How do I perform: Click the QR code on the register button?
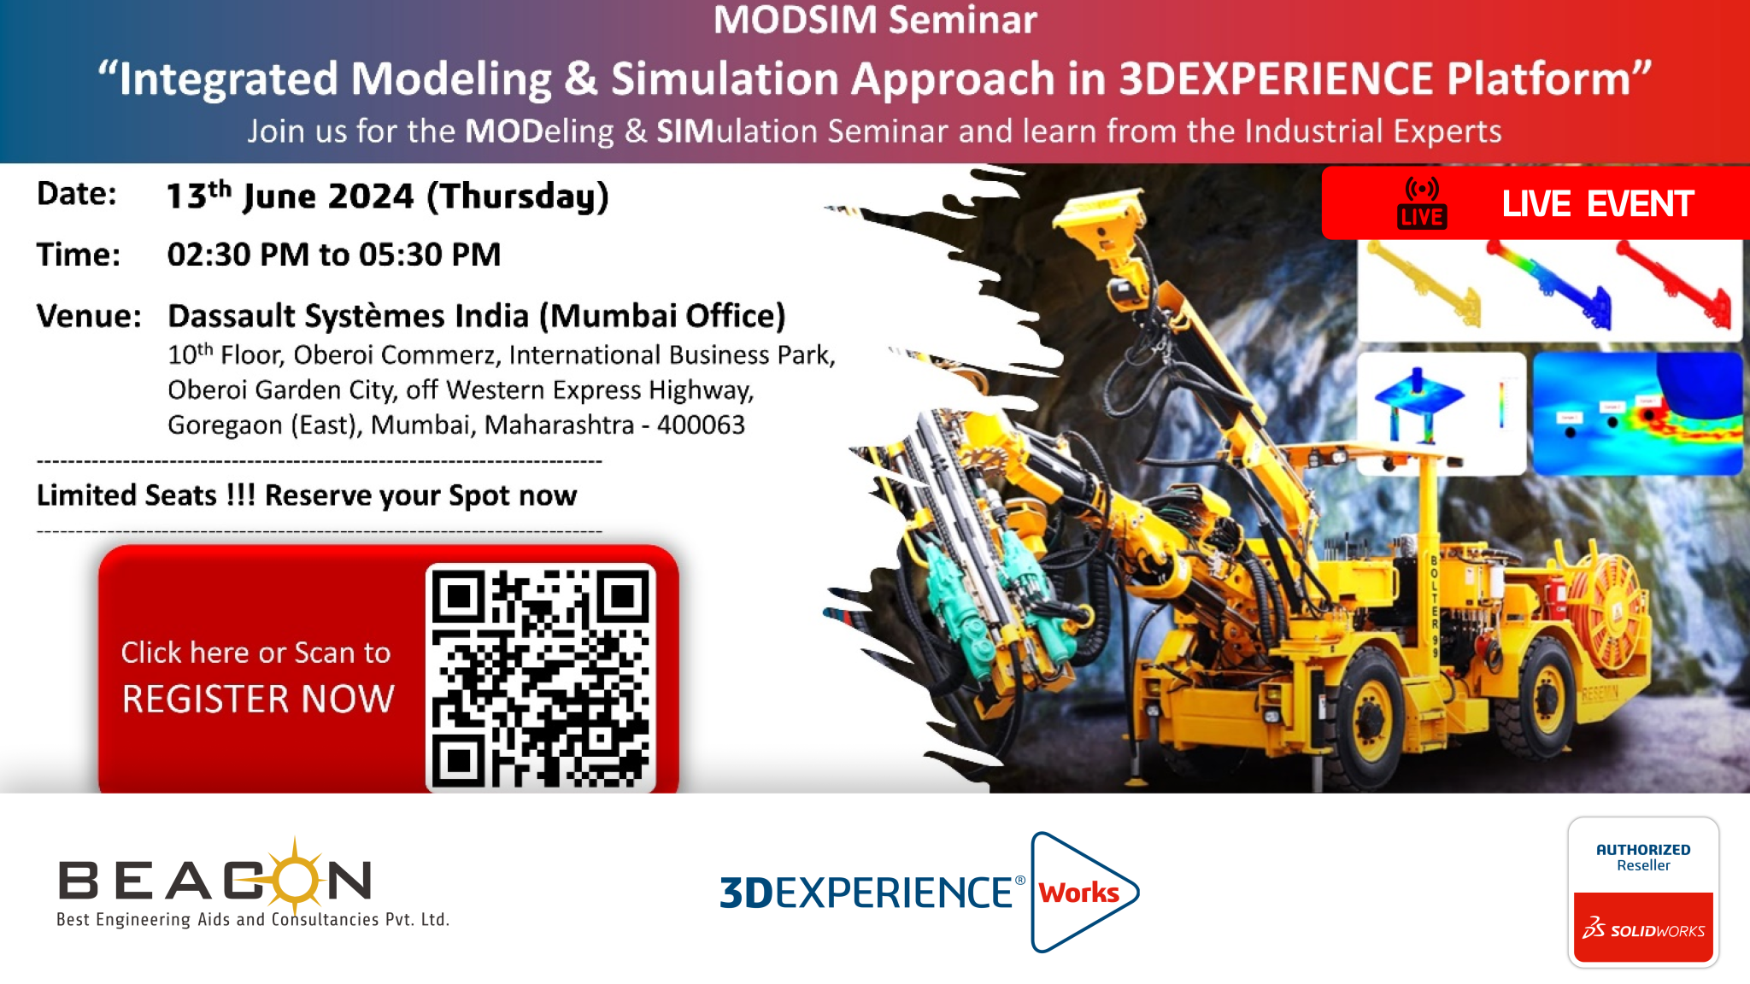click(x=540, y=677)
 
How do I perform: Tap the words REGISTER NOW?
click(x=258, y=700)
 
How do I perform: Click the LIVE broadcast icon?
click(x=1422, y=203)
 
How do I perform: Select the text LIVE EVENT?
click(x=1598, y=204)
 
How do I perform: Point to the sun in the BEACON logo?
click(x=295, y=878)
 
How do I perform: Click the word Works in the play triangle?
click(x=1078, y=893)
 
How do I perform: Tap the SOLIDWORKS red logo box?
click(x=1643, y=928)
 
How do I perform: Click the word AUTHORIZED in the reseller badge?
click(x=1643, y=850)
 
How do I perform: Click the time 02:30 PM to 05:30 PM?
click(x=334, y=255)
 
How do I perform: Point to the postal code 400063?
click(x=701, y=425)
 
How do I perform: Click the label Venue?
click(x=89, y=316)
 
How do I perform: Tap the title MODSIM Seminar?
click(x=875, y=20)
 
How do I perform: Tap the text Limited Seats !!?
click(x=146, y=495)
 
